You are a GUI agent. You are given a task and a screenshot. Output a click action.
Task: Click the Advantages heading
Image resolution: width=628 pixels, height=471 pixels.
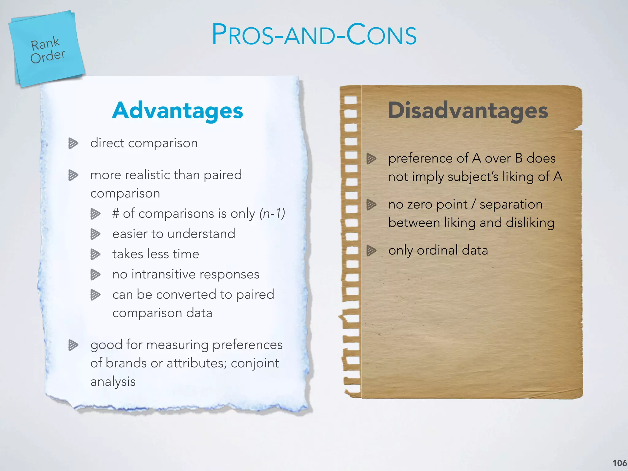click(x=178, y=110)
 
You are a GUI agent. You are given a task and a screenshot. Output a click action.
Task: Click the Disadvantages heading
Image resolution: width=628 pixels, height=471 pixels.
click(x=468, y=110)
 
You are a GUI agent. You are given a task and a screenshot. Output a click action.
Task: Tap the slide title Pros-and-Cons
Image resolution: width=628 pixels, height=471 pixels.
click(x=314, y=35)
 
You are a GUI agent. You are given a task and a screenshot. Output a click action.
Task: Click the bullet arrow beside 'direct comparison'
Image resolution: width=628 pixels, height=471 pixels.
click(x=73, y=143)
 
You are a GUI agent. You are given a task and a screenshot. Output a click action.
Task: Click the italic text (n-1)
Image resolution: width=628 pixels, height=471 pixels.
click(x=272, y=213)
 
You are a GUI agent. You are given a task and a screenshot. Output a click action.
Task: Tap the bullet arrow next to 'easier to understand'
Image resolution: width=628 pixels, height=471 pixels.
click(x=95, y=234)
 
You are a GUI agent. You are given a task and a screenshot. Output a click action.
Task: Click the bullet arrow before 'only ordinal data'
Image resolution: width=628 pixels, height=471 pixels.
click(x=371, y=250)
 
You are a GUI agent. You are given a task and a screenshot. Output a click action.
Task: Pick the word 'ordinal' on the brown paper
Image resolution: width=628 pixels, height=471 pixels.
click(x=437, y=250)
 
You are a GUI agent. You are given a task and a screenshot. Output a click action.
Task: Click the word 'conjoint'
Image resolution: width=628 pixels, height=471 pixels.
click(x=255, y=363)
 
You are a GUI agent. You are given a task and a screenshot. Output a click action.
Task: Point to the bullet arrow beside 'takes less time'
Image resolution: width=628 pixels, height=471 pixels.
click(x=95, y=254)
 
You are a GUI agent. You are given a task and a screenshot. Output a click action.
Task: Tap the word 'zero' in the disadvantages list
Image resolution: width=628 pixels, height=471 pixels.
click(x=419, y=205)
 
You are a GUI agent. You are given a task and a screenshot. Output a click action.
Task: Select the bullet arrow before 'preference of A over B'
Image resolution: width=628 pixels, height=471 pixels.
click(x=371, y=159)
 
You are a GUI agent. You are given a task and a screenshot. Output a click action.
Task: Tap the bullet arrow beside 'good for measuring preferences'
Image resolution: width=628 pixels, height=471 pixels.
click(x=73, y=345)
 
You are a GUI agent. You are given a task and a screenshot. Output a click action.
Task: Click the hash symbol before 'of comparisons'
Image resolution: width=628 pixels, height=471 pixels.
click(x=116, y=213)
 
